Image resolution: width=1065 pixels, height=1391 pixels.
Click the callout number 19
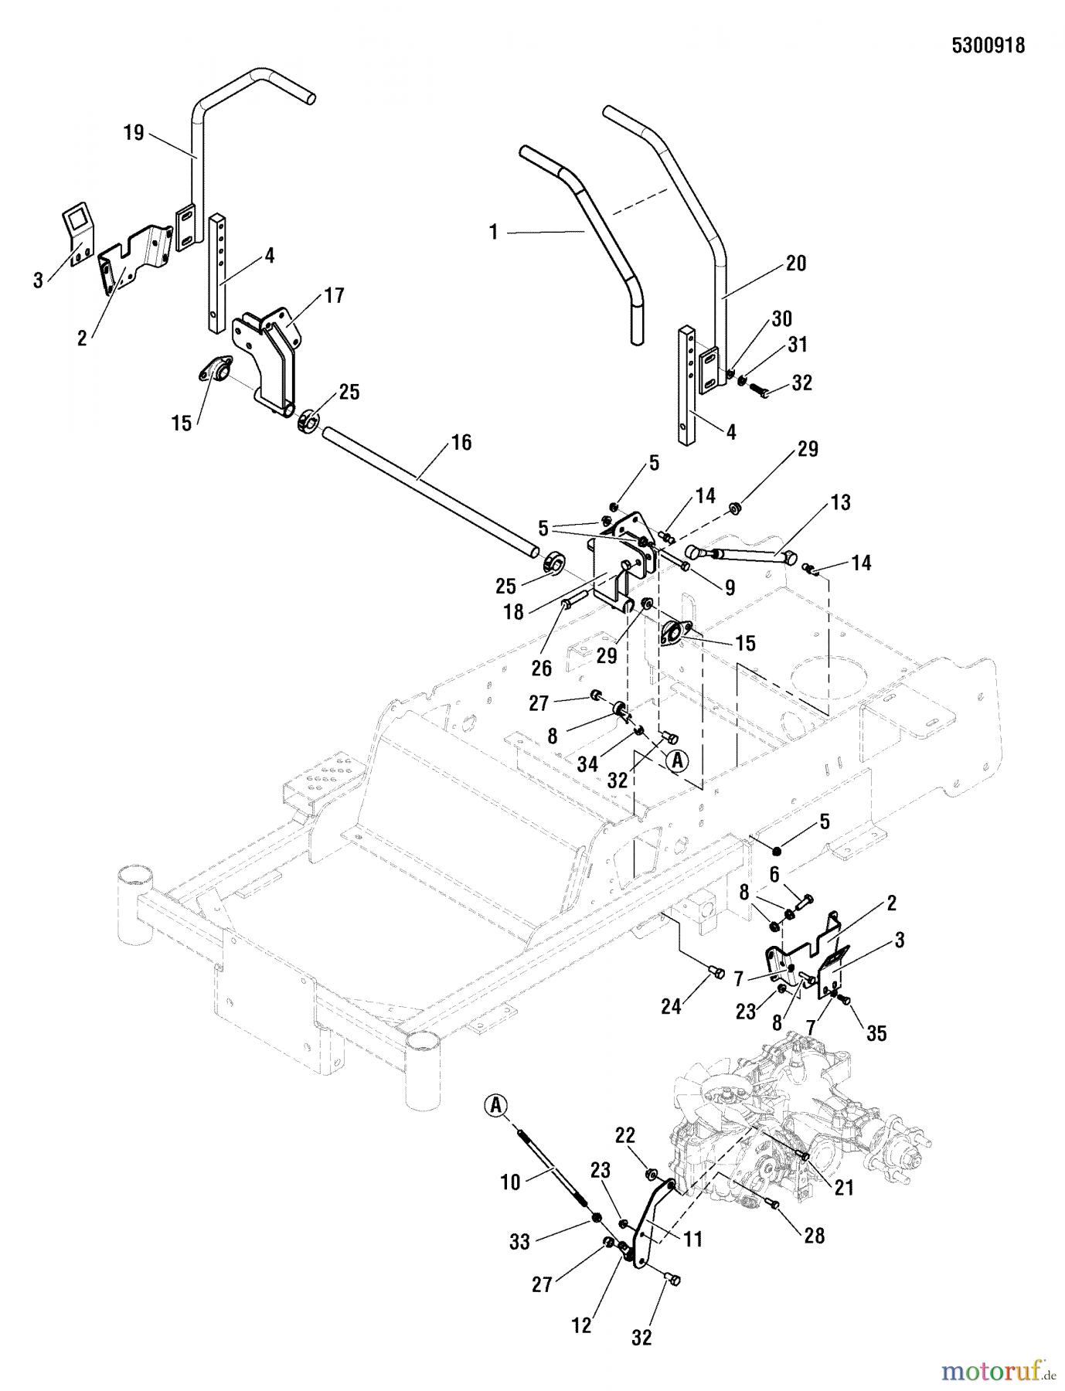click(134, 133)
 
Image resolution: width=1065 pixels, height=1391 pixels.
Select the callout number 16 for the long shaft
click(461, 443)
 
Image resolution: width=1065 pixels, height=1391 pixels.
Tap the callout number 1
click(495, 231)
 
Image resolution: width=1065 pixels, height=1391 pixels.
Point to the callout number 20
click(795, 264)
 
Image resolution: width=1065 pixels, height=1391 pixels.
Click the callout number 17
click(335, 295)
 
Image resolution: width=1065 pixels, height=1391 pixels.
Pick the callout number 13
click(841, 503)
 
